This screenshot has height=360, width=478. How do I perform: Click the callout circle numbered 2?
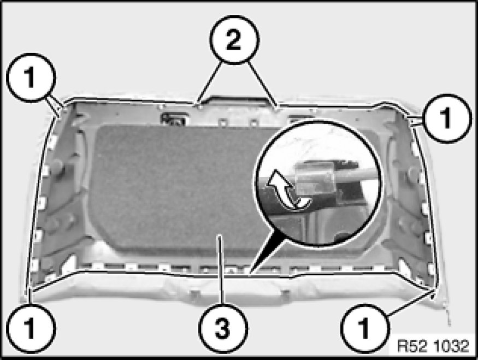click(x=234, y=40)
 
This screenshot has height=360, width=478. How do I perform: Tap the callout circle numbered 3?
click(x=223, y=328)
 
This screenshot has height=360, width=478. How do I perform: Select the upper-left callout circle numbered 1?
click(x=31, y=78)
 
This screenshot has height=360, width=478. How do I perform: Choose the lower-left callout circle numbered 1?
click(x=31, y=328)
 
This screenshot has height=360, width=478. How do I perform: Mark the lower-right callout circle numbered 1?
click(x=364, y=328)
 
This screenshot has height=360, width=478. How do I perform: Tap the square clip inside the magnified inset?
click(x=315, y=180)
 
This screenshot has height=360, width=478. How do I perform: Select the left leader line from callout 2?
click(x=209, y=83)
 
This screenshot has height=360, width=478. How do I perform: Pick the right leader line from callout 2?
click(x=262, y=84)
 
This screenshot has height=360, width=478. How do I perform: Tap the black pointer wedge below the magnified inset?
click(x=264, y=252)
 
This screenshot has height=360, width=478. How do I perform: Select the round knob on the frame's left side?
click(x=57, y=167)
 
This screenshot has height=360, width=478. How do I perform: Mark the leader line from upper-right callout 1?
click(x=416, y=120)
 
